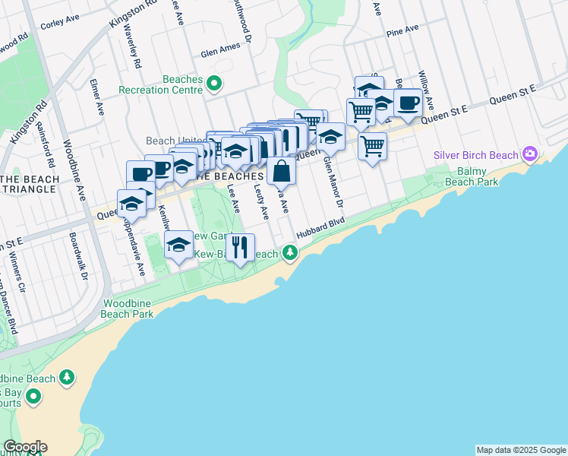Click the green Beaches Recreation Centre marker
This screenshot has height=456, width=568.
214,83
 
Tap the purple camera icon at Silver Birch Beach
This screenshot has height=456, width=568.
529,155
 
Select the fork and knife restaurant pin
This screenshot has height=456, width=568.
240,247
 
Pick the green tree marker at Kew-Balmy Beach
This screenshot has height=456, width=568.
289,252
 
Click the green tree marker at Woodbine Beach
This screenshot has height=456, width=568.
68,377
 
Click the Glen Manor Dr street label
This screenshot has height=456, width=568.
333,182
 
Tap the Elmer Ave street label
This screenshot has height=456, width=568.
96,97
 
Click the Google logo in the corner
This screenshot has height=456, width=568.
25,447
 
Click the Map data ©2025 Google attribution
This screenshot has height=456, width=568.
520,450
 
